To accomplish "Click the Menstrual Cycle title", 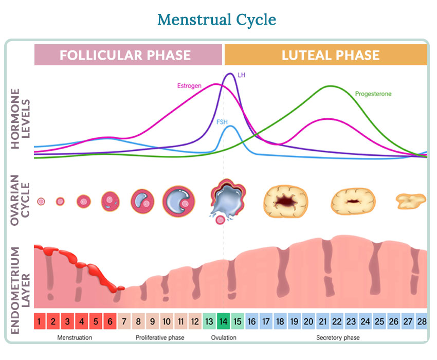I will click(x=216, y=20).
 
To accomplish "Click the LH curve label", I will click(x=242, y=75).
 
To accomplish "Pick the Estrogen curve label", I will click(x=189, y=85).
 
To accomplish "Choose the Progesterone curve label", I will click(x=373, y=94).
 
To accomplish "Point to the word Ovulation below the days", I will click(x=224, y=338).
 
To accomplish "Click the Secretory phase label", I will click(x=338, y=338).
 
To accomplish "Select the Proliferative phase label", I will click(x=160, y=338).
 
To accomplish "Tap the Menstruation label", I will click(x=75, y=338).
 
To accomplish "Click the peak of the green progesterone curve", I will click(x=331, y=86).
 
